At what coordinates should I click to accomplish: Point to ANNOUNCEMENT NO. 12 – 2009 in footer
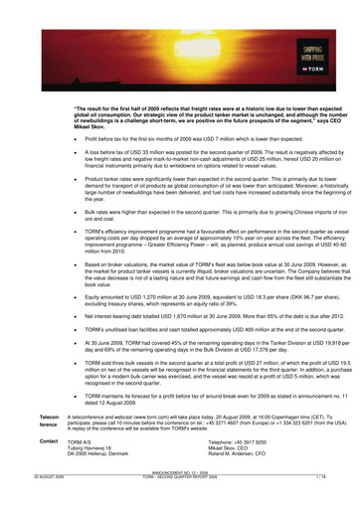180,499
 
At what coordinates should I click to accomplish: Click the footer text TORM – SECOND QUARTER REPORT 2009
180,503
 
